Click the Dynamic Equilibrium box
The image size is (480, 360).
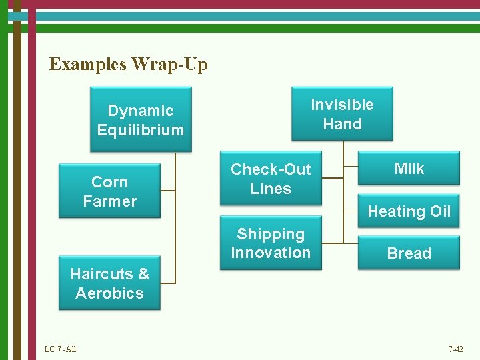[140, 120]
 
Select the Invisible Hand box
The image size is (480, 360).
[342, 114]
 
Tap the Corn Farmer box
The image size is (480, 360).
[109, 191]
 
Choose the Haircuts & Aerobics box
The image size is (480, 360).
[109, 283]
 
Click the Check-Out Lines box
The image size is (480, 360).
[271, 179]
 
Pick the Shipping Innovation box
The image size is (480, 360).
[271, 243]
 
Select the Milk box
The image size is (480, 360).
[409, 169]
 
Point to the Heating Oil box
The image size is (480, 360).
[409, 211]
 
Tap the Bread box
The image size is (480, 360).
[409, 253]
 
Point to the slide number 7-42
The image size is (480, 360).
[456, 349]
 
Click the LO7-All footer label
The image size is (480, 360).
[60, 349]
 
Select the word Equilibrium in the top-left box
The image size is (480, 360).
[140, 130]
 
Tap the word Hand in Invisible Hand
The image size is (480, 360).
[342, 124]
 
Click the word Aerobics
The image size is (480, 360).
[109, 293]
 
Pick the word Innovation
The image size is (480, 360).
[271, 253]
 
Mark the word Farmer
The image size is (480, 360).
[109, 201]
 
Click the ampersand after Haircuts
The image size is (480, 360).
[143, 274]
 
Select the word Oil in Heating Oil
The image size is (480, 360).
[440, 211]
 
